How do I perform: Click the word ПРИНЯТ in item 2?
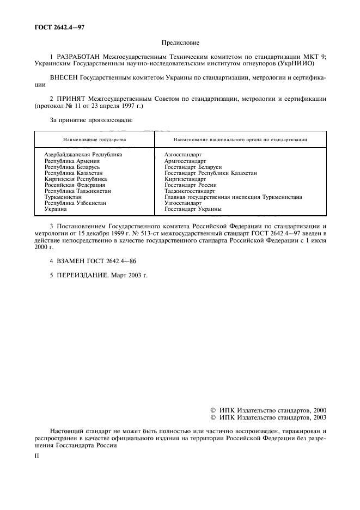(x=71, y=99)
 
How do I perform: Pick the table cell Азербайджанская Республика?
(x=83, y=155)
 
